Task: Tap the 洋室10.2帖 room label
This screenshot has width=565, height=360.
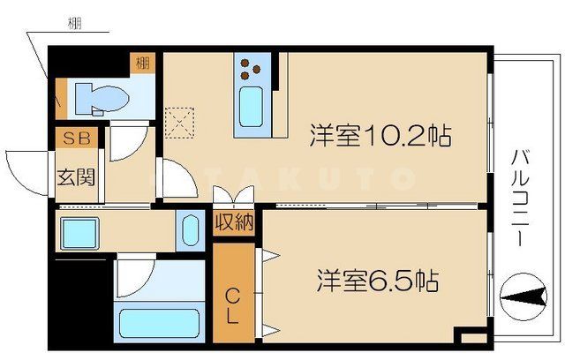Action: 380,137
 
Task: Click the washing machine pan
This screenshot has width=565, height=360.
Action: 81,232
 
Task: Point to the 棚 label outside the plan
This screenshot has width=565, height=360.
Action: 75,24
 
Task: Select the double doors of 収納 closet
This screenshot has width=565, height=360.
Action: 233,197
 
